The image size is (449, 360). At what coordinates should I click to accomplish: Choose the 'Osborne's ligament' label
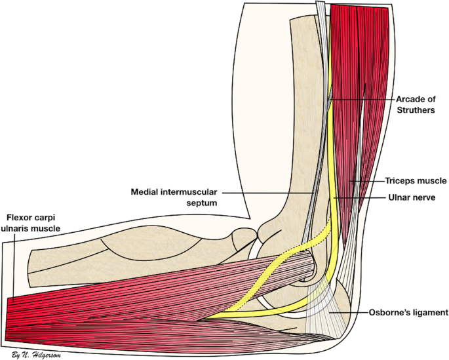pos(408,313)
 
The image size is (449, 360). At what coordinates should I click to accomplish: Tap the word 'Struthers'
pos(416,111)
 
